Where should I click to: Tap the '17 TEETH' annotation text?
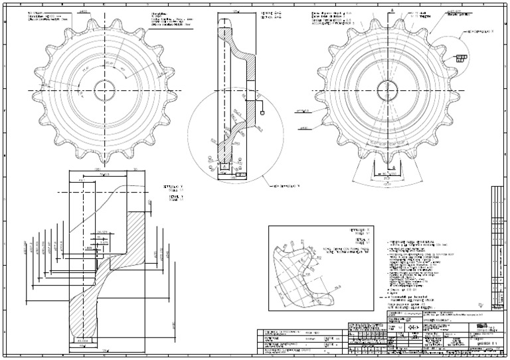pos(397,18)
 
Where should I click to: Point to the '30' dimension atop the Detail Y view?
pos(136,169)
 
